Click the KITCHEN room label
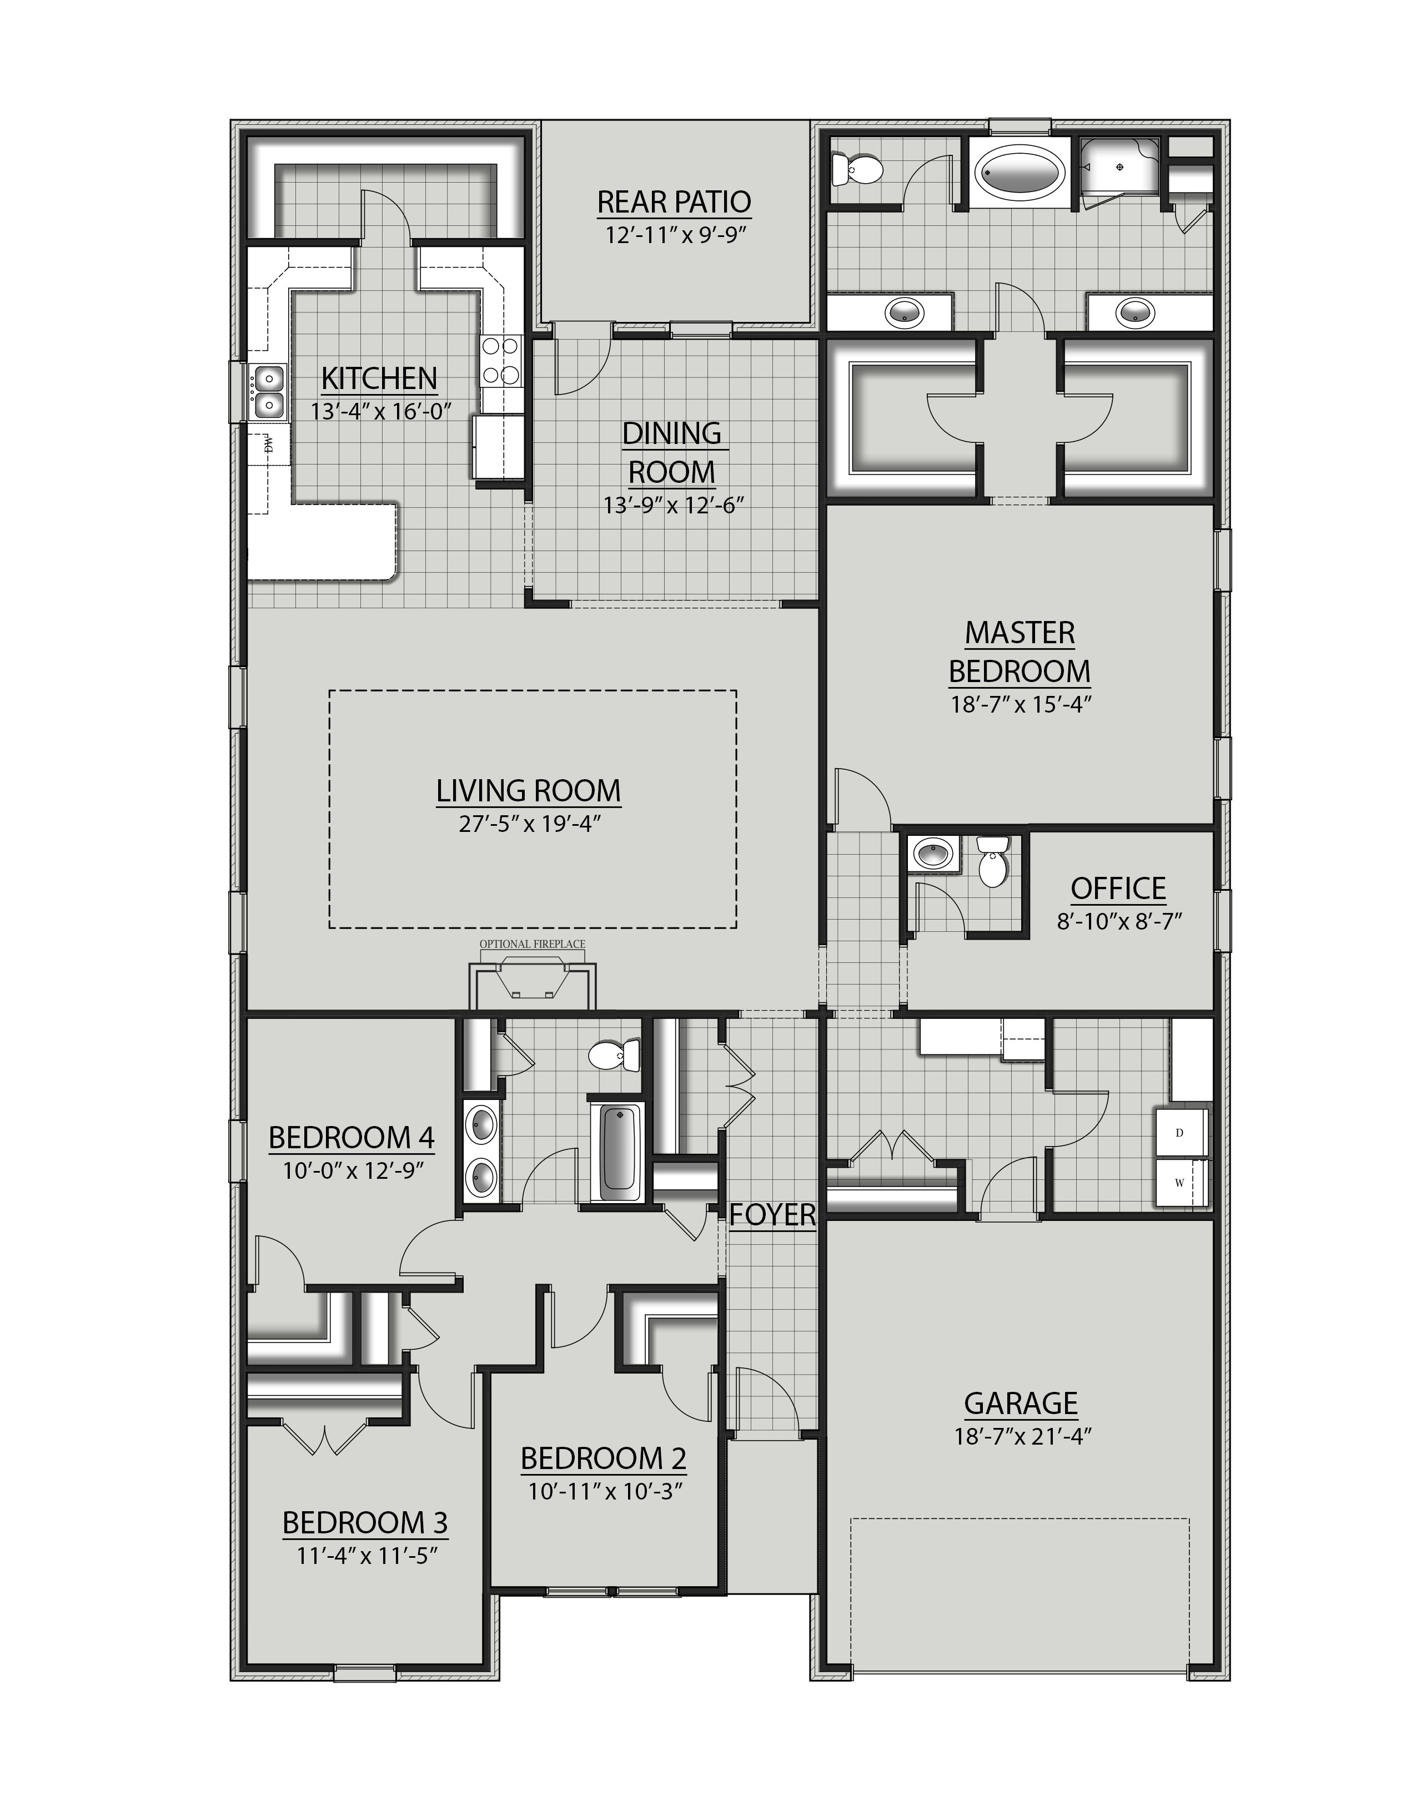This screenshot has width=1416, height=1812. pyautogui.click(x=379, y=378)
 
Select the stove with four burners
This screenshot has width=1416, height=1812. pyautogui.click(x=501, y=360)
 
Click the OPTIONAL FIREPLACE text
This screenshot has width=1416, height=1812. pyautogui.click(x=532, y=944)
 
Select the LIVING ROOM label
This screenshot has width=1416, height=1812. pyautogui.click(x=528, y=791)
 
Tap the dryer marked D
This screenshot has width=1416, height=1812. pyautogui.click(x=1179, y=1133)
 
